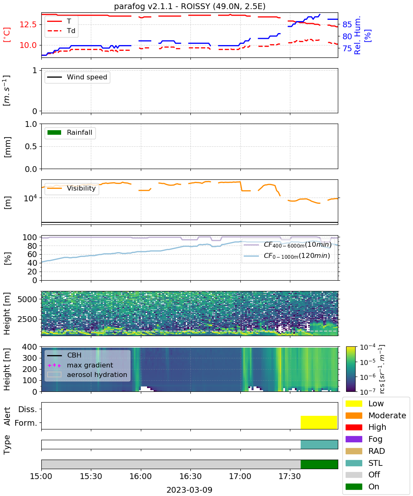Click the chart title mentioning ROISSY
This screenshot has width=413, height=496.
point(190,6)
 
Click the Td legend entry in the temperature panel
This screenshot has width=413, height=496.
point(61,31)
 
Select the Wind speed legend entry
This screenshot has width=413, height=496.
point(77,77)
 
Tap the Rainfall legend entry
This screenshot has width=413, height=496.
point(70,132)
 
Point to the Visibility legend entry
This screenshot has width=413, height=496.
point(71,188)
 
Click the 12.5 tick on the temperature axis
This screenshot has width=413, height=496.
point(28,24)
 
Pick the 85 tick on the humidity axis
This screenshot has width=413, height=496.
point(347,24)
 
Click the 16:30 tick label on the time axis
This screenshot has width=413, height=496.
point(190,476)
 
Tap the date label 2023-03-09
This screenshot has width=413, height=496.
point(190,490)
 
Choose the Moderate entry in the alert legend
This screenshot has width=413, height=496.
point(376,415)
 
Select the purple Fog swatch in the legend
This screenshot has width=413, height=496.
point(354,439)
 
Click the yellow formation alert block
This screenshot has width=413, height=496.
point(319,422)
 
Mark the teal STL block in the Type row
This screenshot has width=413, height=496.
point(319,444)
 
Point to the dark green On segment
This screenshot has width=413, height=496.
point(319,465)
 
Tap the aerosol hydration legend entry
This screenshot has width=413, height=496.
point(87,374)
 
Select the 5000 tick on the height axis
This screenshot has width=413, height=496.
point(27,299)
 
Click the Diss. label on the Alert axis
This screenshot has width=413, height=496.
point(28,409)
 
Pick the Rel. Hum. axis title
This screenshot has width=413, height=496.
point(357,35)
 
